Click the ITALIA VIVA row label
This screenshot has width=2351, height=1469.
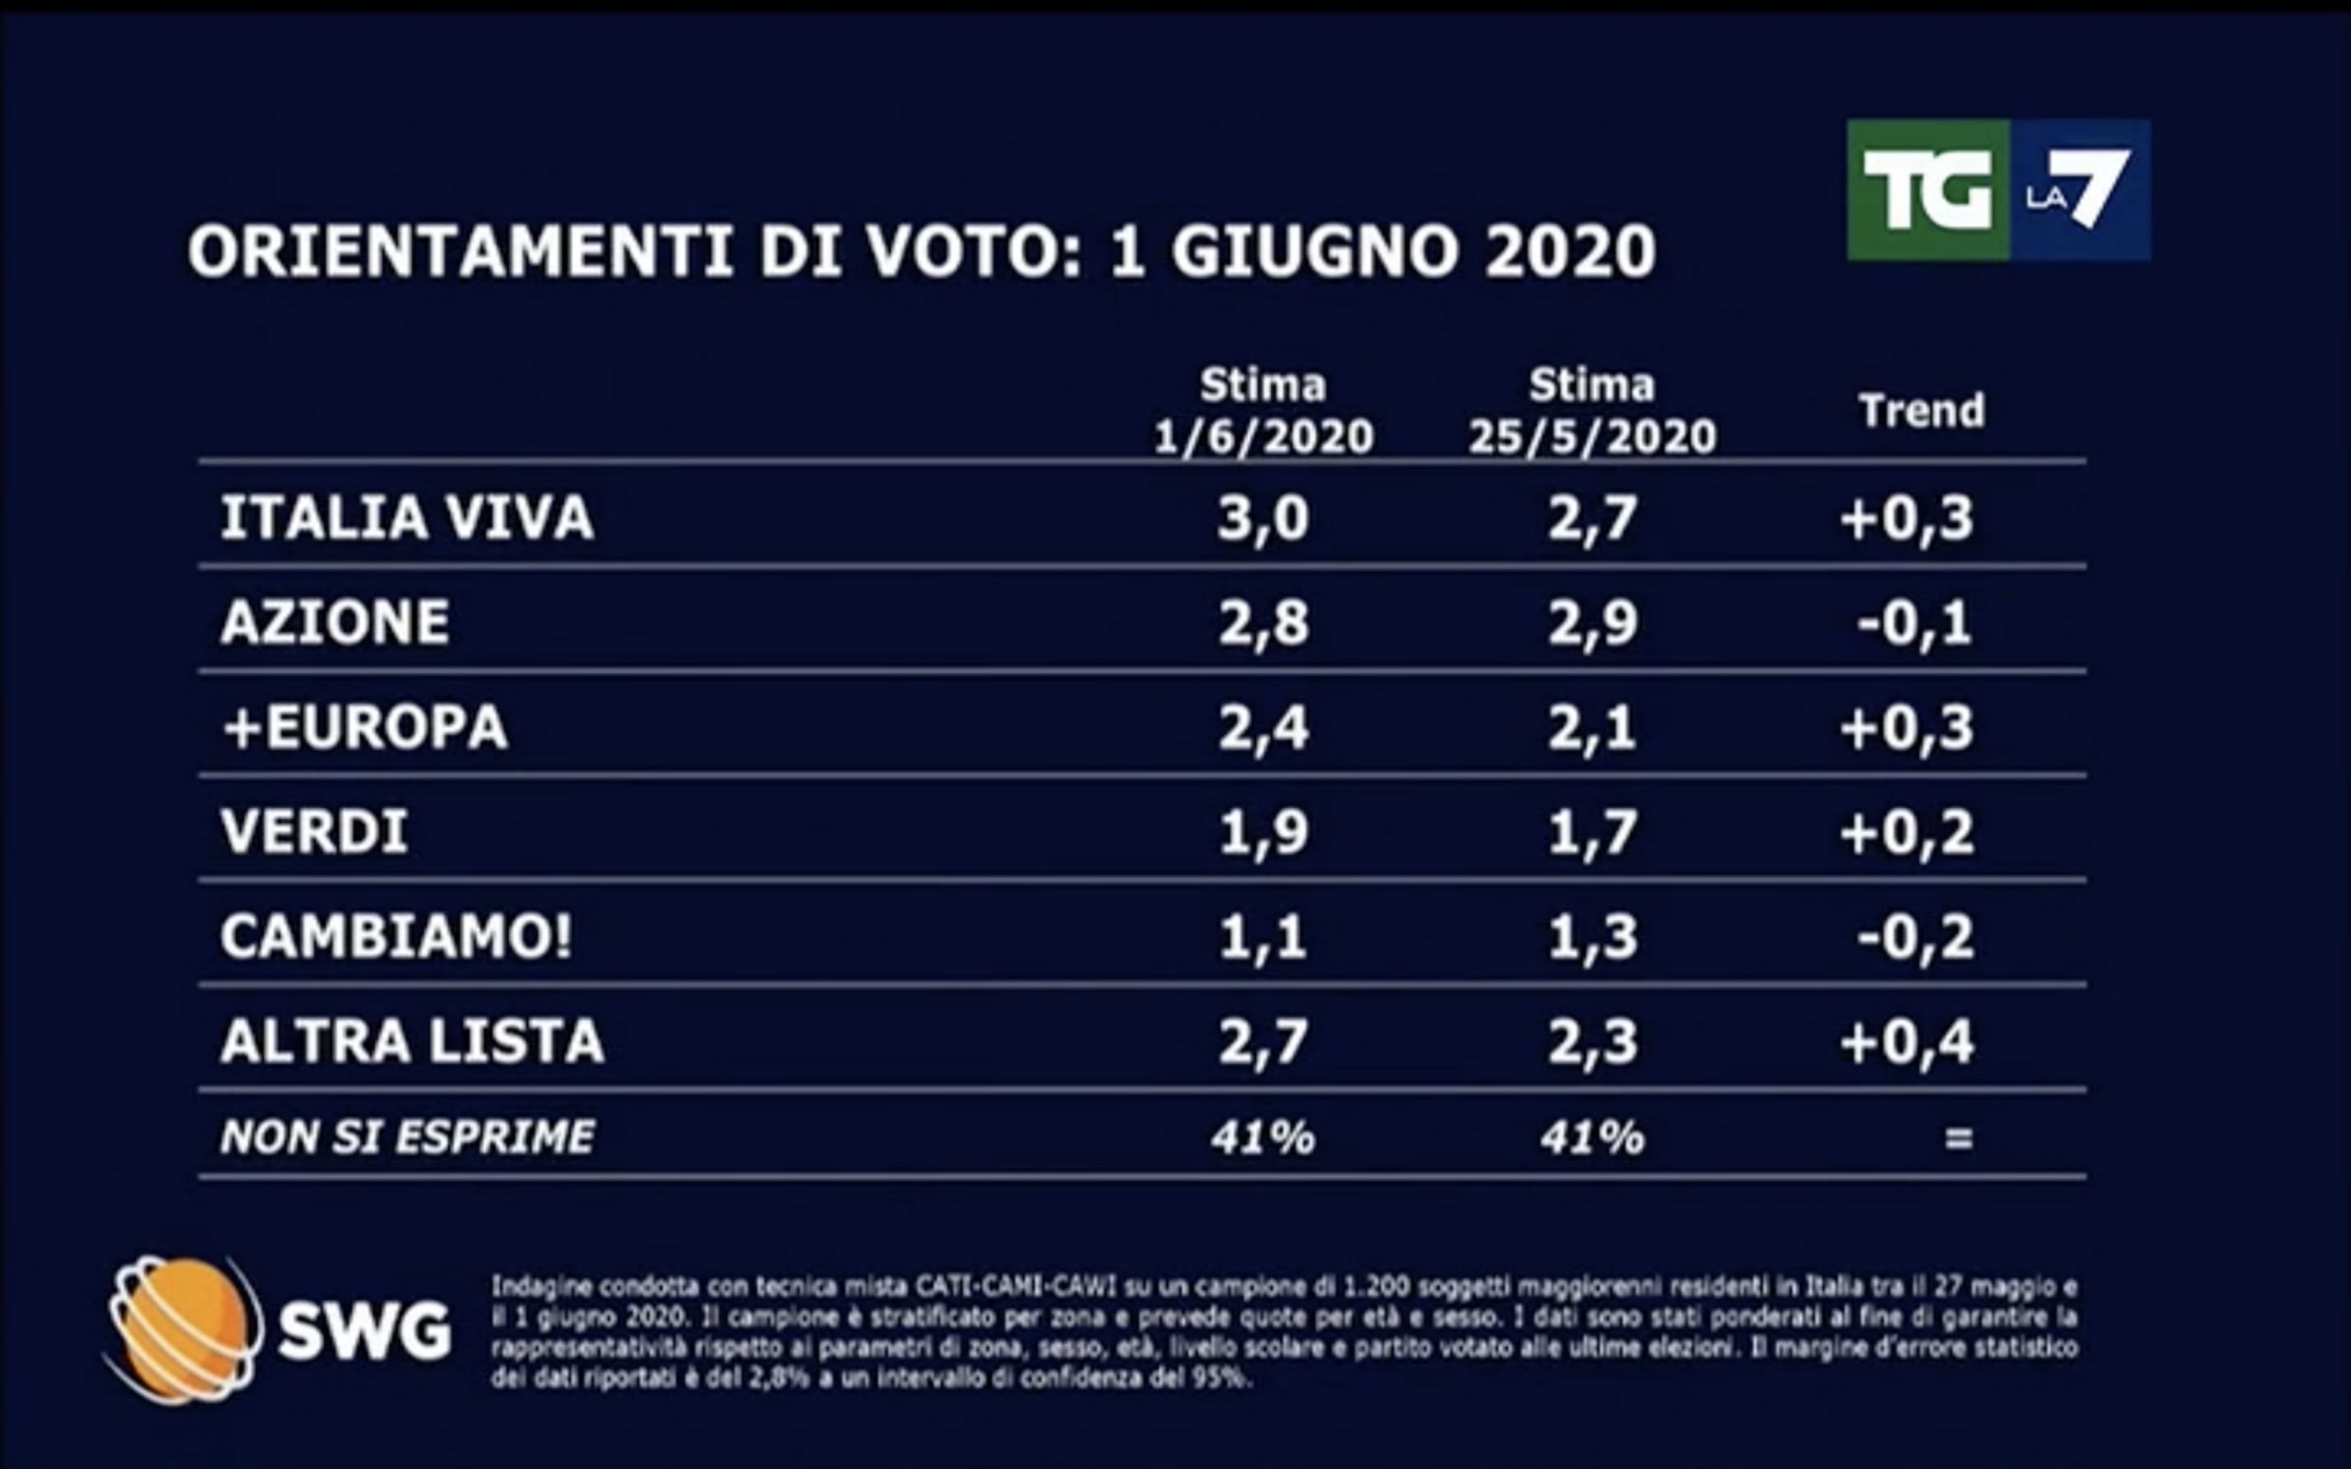406,517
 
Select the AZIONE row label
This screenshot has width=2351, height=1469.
334,622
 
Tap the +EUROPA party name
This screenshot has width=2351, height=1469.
365,727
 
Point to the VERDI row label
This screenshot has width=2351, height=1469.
314,832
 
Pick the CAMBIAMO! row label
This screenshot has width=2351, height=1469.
396,936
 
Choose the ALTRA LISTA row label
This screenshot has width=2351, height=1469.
412,1041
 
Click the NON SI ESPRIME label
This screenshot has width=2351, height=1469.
407,1137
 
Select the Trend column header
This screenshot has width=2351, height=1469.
1920,411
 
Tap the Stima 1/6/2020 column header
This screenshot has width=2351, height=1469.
1263,412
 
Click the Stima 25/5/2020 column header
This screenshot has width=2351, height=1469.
1592,412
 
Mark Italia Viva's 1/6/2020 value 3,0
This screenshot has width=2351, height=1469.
1263,518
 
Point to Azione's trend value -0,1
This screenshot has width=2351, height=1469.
1914,622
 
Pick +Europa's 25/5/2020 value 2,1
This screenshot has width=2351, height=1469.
1592,728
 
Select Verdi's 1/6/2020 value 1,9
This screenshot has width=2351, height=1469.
1263,833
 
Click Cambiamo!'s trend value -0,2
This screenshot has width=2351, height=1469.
1915,937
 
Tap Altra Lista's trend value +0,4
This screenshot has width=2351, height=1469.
1907,1042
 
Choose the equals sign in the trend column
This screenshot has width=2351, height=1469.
1959,1138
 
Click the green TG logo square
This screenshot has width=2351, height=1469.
1928,190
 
